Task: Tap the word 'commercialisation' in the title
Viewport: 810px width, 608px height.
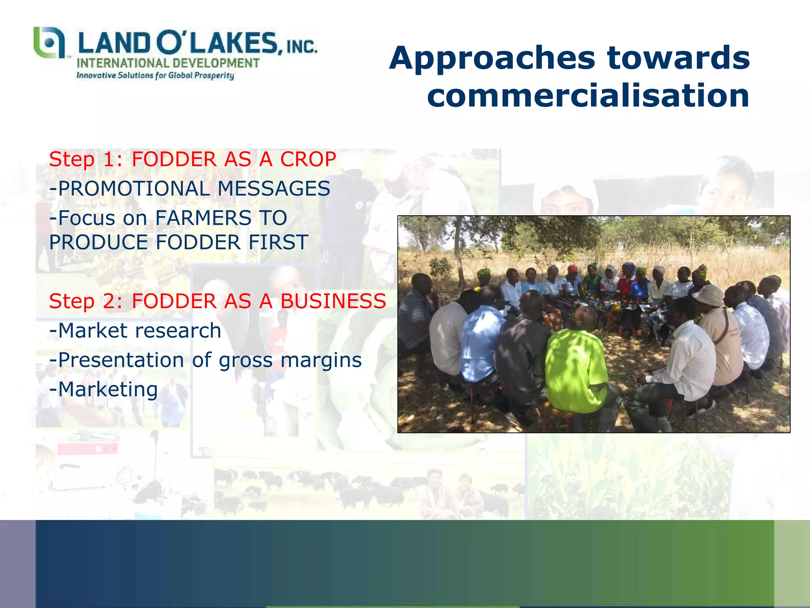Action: click(x=588, y=96)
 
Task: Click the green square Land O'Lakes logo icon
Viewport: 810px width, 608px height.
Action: click(x=49, y=42)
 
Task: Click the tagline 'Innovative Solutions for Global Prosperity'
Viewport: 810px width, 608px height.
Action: click(x=155, y=75)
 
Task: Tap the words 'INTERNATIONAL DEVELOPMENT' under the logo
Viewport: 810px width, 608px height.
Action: click(x=168, y=63)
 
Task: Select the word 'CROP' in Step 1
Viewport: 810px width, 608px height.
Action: click(x=308, y=160)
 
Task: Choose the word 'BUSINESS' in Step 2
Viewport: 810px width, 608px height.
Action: click(x=333, y=301)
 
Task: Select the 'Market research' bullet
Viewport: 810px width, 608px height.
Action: click(x=135, y=331)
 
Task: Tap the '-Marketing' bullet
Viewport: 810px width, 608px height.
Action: click(x=104, y=389)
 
